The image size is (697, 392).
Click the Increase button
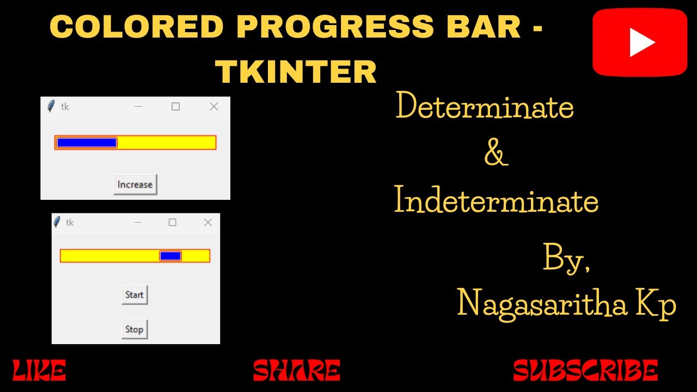(x=135, y=185)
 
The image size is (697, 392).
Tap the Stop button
(x=134, y=329)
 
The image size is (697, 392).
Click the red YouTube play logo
(x=640, y=42)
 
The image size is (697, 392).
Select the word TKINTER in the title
(x=296, y=71)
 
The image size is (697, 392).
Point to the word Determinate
(x=485, y=107)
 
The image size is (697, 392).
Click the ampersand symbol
(x=496, y=154)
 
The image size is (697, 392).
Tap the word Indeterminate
(x=496, y=201)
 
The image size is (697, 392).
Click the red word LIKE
(x=39, y=371)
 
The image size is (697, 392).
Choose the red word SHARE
(x=297, y=371)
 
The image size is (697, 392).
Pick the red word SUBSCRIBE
(x=585, y=371)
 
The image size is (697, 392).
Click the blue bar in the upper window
(x=87, y=143)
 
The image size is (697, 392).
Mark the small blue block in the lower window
(x=170, y=256)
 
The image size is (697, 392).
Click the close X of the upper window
(x=214, y=107)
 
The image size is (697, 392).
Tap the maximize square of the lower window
(x=173, y=222)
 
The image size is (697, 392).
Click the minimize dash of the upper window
(x=138, y=107)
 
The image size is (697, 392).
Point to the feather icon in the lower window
(x=57, y=222)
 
